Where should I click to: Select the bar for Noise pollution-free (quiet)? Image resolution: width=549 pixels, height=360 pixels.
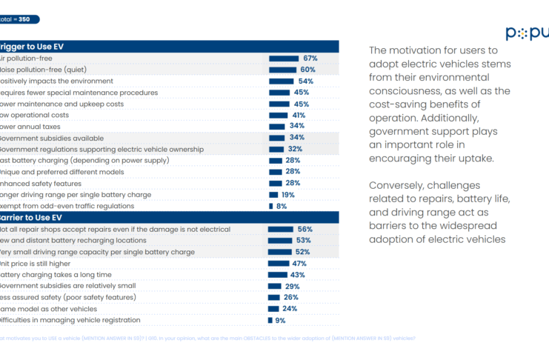pyautogui.click(x=282, y=70)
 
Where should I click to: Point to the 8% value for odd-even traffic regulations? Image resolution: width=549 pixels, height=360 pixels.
pyautogui.click(x=282, y=206)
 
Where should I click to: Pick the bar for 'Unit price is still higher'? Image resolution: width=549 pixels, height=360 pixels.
pyautogui.click(x=279, y=263)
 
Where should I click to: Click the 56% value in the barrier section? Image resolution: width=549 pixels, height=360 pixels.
pyautogui.click(x=305, y=229)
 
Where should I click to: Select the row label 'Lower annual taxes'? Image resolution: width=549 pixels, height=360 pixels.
pyautogui.click(x=30, y=127)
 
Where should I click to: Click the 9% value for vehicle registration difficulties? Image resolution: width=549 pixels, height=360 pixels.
pyautogui.click(x=280, y=320)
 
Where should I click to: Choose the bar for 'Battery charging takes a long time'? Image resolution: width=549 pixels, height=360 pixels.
pyautogui.click(x=278, y=275)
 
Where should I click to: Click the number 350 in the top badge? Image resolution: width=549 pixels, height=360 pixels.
pyautogui.click(x=24, y=19)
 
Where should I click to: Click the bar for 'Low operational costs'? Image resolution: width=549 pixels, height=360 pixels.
pyautogui.click(x=278, y=116)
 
